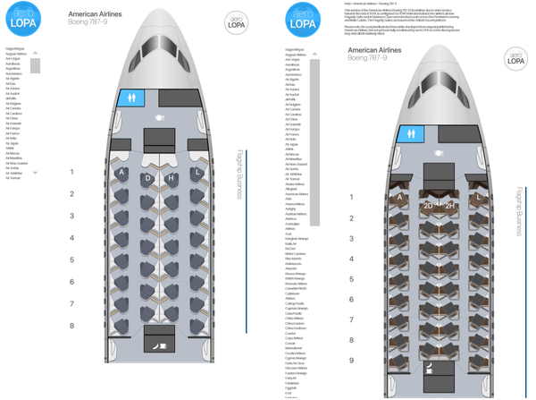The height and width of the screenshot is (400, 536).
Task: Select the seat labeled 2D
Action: (x=428, y=206)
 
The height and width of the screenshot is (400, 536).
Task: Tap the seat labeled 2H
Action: (x=451, y=206)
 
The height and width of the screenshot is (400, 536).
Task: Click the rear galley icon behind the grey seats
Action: (x=159, y=344)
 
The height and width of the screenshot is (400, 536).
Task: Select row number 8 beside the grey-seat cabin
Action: (x=71, y=327)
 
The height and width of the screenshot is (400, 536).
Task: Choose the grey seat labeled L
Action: (x=196, y=172)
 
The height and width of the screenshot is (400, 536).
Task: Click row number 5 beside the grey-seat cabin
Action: (x=71, y=260)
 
